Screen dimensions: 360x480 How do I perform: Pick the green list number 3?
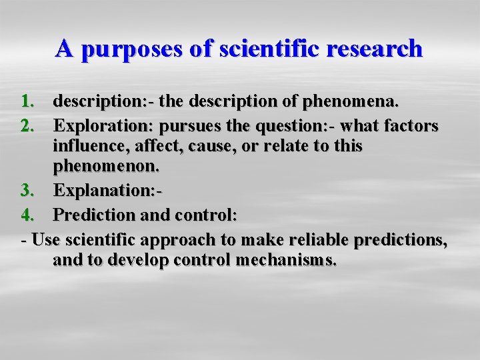pos(27,191)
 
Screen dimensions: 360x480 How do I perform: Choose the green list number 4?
pos(27,215)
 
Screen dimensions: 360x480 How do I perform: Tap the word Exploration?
pos(101,125)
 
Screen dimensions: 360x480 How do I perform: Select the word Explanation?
pos(105,191)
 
